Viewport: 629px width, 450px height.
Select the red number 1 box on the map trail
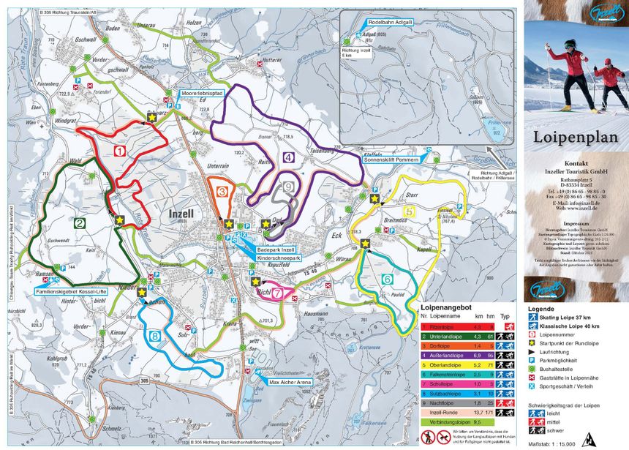click(x=120, y=151)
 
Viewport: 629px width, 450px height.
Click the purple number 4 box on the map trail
click(x=289, y=157)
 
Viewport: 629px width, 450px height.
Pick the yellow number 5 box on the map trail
click(x=409, y=212)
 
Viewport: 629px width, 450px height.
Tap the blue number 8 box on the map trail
click(x=155, y=337)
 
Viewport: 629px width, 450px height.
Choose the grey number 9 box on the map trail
click(x=290, y=188)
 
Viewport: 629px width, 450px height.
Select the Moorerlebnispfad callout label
click(x=203, y=94)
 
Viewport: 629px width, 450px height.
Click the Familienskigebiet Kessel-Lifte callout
click(x=72, y=291)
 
